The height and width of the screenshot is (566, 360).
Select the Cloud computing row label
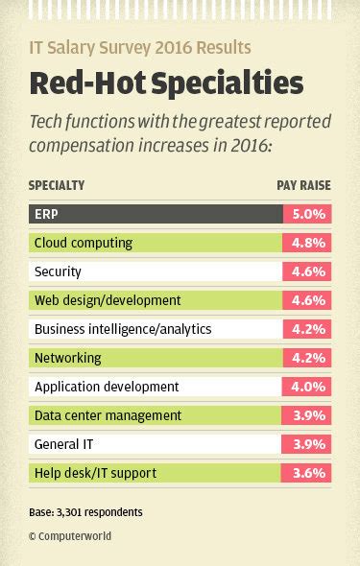[x=84, y=243]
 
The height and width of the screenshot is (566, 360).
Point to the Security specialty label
[x=58, y=271]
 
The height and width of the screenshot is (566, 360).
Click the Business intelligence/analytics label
[x=123, y=329]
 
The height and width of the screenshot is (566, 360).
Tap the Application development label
[x=107, y=387]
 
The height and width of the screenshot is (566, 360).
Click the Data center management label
[x=108, y=415]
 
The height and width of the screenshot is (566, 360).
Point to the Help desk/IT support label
[x=95, y=473]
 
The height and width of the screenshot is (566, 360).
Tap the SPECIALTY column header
[x=57, y=185]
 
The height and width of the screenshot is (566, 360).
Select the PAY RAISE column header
[x=302, y=185]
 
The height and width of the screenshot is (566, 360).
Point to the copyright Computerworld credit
[x=70, y=536]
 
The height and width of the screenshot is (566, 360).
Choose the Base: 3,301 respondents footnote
[x=85, y=512]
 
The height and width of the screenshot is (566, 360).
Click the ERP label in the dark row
[x=46, y=214]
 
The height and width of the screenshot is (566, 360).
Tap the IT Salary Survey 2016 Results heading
[x=140, y=47]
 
